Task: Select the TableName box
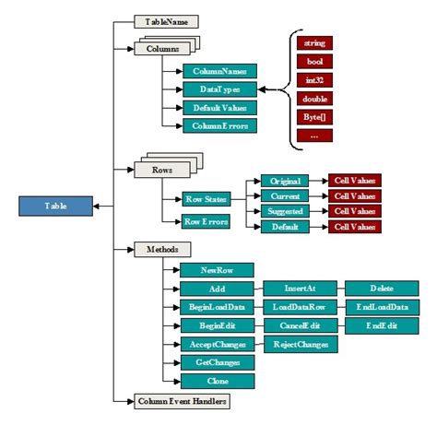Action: [167, 19]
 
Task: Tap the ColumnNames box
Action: [218, 70]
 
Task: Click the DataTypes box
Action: [218, 89]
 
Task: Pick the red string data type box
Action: [314, 42]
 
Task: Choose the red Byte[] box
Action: [314, 116]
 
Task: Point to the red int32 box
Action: [314, 79]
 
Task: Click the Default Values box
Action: [218, 107]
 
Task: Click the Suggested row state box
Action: [283, 211]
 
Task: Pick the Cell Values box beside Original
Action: [355, 181]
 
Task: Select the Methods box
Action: [162, 249]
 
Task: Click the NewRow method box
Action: [218, 270]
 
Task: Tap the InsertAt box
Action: [296, 289]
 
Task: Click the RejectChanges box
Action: [301, 344]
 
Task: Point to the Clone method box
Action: [218, 380]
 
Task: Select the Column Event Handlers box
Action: [181, 401]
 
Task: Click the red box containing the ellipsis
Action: [314, 135]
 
